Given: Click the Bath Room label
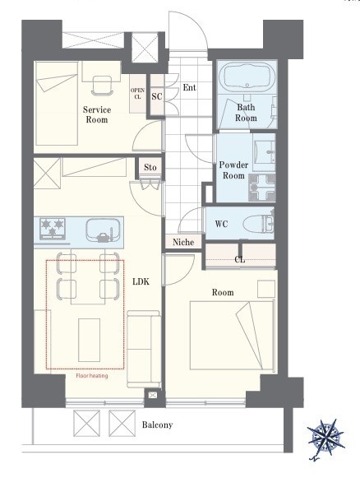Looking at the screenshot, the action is [246, 113].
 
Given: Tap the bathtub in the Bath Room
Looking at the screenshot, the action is [247, 77].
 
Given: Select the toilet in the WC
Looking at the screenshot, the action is [259, 225].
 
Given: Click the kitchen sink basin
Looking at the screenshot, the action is [103, 230].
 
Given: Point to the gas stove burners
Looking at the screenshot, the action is [53, 229].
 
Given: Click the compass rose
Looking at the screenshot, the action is [325, 434].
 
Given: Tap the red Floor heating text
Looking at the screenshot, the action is [92, 376].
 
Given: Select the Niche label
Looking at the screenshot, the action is [183, 243].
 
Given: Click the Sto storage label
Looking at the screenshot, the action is [150, 167].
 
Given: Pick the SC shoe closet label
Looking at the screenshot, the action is [157, 96].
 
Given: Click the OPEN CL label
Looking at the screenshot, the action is [137, 94].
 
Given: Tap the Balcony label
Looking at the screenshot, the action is [157, 425].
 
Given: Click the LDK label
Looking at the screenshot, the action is [141, 281].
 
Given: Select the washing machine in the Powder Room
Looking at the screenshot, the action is [262, 188].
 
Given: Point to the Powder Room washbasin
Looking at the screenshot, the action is [265, 151].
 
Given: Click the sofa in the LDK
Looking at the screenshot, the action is [144, 349].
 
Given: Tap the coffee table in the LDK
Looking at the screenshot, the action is [90, 341].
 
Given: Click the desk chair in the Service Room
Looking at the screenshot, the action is [102, 85].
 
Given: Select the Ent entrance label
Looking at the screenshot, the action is [189, 88].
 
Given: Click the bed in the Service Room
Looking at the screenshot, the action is [57, 104].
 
